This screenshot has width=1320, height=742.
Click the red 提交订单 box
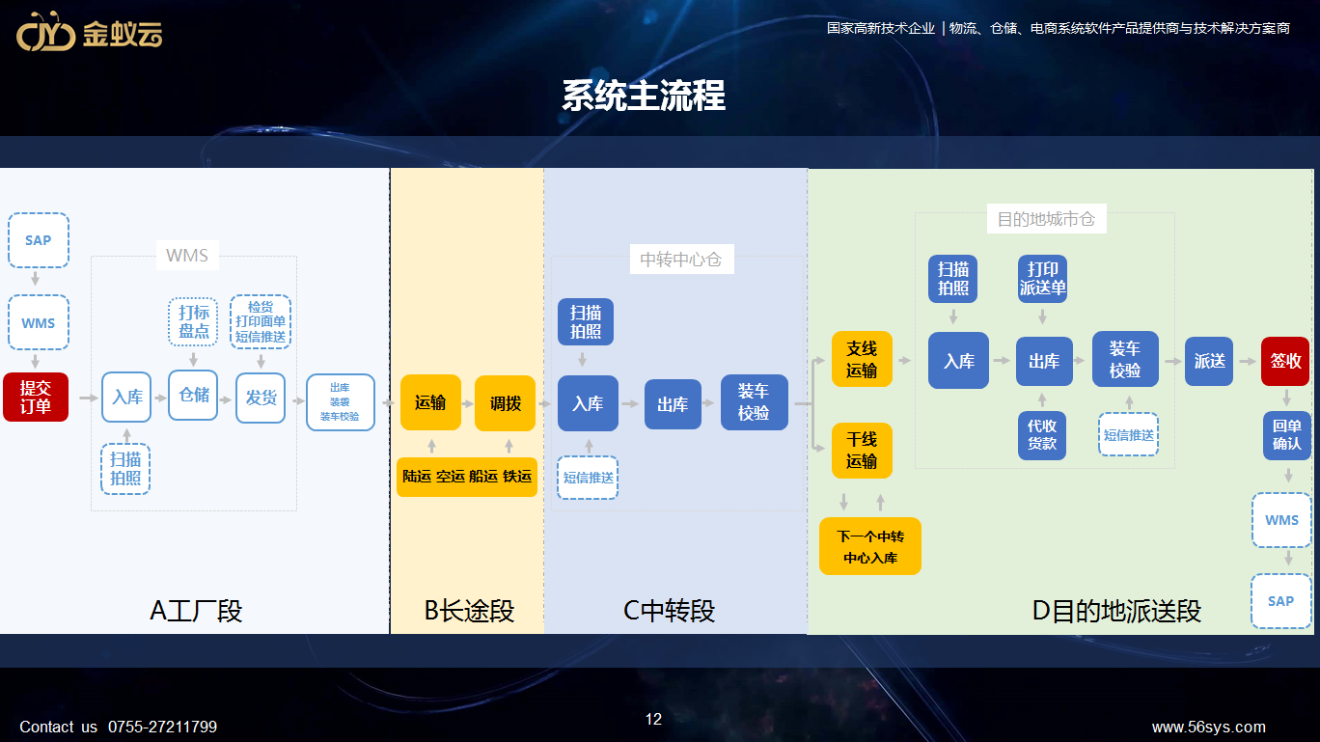pos(36,397)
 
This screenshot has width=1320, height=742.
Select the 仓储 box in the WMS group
pos(193,395)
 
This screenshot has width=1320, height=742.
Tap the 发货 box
pos(261,398)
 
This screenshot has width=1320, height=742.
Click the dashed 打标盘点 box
pos(193,321)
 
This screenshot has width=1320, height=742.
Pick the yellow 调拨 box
pos(505,403)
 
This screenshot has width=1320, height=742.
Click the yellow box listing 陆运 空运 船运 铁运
pos(467,477)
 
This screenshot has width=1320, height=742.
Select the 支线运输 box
pos(862,360)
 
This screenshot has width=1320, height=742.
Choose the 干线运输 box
pos(862,451)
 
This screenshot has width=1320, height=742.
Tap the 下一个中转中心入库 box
pos(870,546)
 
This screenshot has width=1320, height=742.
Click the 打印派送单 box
pos(1043,278)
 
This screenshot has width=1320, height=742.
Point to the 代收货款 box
pos(1042,435)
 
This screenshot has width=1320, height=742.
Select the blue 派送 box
pos(1210,361)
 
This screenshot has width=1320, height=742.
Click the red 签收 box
pos(1285,361)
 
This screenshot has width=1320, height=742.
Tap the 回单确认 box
pos(1286,435)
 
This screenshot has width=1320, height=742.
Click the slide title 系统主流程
pos(644,96)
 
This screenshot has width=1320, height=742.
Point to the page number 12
pos(653,719)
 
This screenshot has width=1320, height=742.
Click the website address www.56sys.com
pos(1208,728)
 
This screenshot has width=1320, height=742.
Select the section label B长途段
pos(469,611)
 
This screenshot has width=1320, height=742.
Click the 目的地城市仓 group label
pos(1046,220)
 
